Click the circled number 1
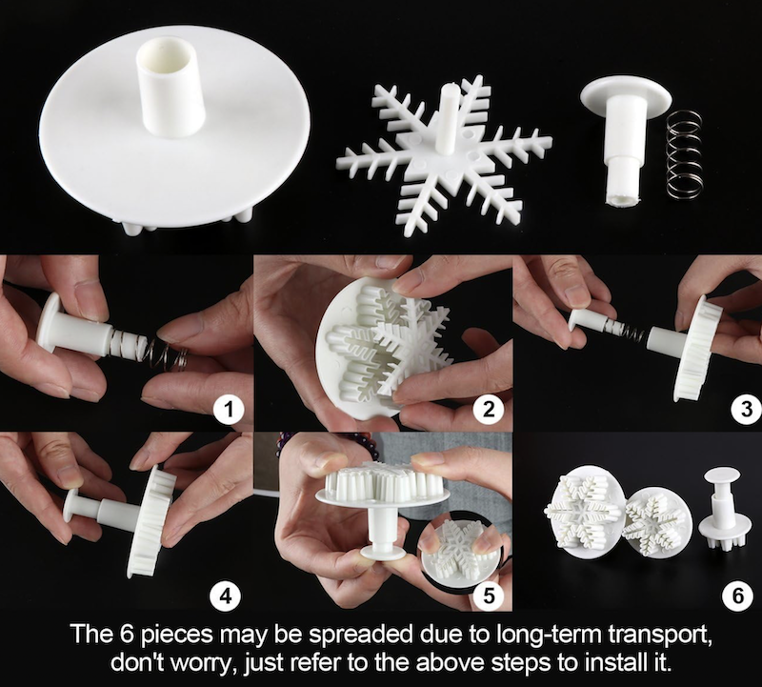229,411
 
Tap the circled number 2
489,410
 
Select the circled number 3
748,410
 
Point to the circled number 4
226,595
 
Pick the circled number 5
489,595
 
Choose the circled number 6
737,595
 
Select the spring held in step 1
166,353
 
